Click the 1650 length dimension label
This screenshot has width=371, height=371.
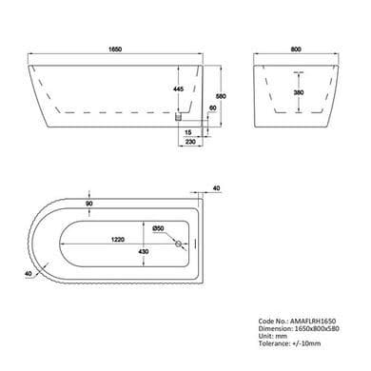[115, 49]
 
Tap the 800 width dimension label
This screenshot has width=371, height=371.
[296, 49]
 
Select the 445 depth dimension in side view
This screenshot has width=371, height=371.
[179, 89]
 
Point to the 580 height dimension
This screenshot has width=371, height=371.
[221, 96]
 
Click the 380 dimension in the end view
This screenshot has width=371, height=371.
[299, 92]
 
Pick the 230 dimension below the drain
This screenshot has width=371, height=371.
[190, 142]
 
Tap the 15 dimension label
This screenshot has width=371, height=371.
[187, 132]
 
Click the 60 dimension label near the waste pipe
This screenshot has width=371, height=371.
[213, 108]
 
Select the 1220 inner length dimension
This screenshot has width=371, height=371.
[118, 240]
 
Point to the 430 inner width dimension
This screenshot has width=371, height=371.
[144, 251]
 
